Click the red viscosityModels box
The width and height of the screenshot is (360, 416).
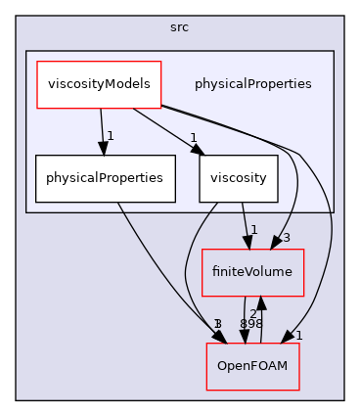click(99, 84)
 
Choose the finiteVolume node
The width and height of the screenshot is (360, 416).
click(252, 271)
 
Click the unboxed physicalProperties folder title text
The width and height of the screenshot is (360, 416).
click(252, 84)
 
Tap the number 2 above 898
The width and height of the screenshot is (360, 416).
click(252, 312)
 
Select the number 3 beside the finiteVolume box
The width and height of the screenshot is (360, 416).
click(287, 238)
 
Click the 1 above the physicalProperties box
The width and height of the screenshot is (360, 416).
click(112, 136)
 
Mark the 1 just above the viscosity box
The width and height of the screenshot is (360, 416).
click(194, 137)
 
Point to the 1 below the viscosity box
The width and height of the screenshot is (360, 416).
click(254, 230)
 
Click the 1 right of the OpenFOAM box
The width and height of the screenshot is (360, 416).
click(299, 335)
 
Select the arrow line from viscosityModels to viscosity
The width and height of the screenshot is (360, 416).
click(166, 126)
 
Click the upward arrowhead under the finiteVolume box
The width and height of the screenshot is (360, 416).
click(260, 300)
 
